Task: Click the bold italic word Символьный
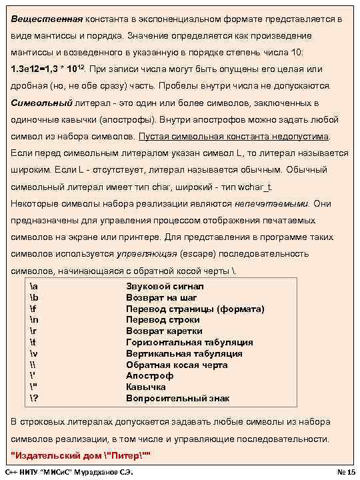click(39, 103)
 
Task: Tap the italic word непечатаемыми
click(271, 203)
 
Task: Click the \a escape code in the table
click(34, 286)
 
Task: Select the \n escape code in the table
click(34, 320)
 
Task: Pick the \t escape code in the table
click(33, 343)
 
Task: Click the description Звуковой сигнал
click(165, 286)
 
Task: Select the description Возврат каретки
click(164, 331)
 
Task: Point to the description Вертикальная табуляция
click(184, 354)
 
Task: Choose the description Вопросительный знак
click(177, 399)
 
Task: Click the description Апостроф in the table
click(150, 376)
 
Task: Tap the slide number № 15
click(345, 472)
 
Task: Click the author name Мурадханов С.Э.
click(104, 472)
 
